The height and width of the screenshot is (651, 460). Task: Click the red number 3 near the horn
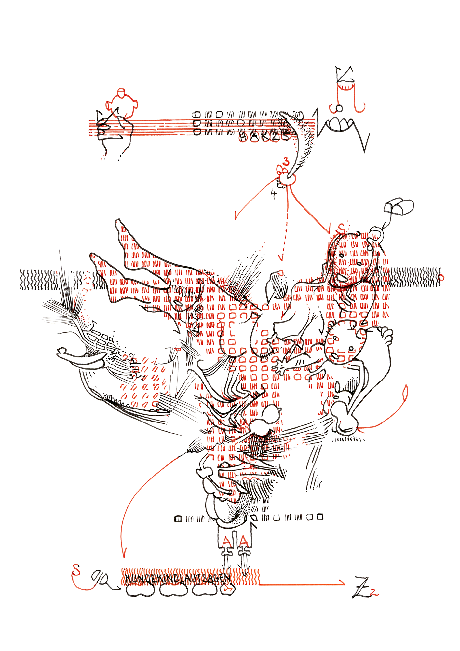286,161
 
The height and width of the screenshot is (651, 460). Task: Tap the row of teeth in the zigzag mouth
339,124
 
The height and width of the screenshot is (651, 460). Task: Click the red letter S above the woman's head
341,229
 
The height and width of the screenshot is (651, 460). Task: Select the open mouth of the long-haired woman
341,278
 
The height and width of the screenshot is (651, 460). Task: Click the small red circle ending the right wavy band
441,278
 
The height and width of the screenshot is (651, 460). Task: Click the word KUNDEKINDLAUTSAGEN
178,578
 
